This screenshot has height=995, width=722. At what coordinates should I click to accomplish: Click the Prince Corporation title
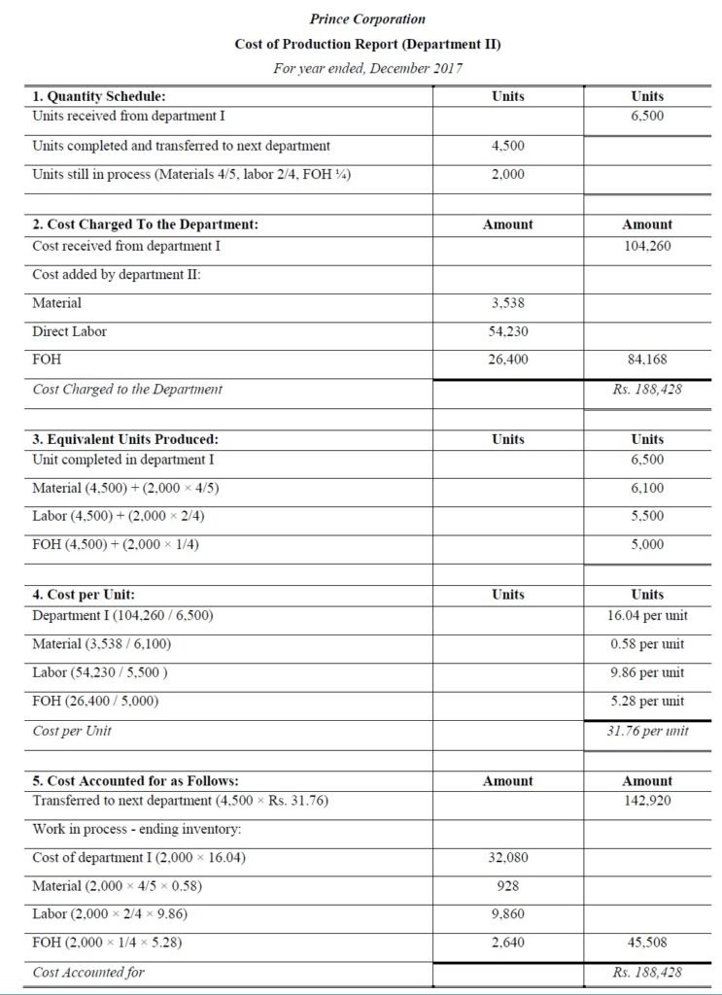tap(366, 18)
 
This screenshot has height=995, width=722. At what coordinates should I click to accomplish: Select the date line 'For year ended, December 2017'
tap(366, 68)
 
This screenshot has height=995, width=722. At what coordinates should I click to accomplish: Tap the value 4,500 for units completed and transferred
tap(508, 146)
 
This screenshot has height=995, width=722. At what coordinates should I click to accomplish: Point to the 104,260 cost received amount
tap(647, 246)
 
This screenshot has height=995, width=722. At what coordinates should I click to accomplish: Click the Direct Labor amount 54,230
tap(508, 331)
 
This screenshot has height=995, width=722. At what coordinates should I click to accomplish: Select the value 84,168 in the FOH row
tap(647, 360)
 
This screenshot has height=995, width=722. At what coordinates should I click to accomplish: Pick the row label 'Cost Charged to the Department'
tap(127, 389)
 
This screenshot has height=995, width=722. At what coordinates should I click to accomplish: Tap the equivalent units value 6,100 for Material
tap(647, 488)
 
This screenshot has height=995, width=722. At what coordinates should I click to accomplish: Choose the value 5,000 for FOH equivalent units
tap(647, 544)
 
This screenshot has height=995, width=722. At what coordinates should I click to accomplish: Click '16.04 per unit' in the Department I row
tap(647, 616)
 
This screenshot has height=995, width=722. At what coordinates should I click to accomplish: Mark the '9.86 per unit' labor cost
tap(647, 672)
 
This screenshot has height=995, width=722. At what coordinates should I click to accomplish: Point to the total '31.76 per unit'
tap(647, 731)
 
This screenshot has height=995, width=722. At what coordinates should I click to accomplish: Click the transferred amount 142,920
tap(647, 801)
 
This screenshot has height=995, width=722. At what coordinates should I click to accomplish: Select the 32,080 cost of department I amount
tap(508, 858)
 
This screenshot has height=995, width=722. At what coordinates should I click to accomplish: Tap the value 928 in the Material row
tap(508, 886)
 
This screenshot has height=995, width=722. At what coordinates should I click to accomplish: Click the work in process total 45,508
tap(647, 943)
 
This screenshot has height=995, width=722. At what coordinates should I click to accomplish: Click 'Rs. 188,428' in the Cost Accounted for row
tap(647, 972)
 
